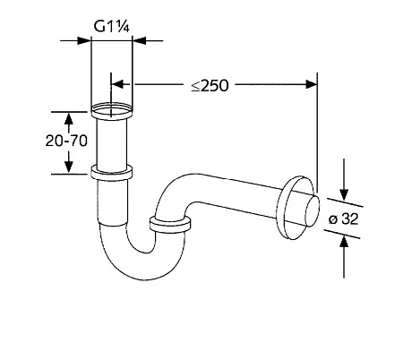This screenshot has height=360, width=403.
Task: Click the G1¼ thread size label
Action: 112,26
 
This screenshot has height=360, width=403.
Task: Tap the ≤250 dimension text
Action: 210,86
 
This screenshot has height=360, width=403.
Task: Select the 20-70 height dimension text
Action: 66,141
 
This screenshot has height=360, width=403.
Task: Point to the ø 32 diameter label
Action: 343,219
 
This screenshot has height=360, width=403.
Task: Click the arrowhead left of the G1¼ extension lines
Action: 84,40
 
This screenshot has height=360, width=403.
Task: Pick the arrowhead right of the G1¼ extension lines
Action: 139,40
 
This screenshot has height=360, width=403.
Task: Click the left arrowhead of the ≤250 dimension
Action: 117,84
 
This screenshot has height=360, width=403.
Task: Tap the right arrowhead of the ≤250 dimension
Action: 311,84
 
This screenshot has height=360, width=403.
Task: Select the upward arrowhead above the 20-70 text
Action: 69,119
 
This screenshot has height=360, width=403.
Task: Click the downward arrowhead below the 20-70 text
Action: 69,167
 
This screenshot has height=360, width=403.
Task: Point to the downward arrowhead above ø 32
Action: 344,194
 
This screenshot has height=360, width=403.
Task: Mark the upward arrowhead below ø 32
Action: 344,242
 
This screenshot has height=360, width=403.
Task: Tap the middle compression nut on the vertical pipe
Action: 112,173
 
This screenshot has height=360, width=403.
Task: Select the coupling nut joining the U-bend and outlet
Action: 169,225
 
